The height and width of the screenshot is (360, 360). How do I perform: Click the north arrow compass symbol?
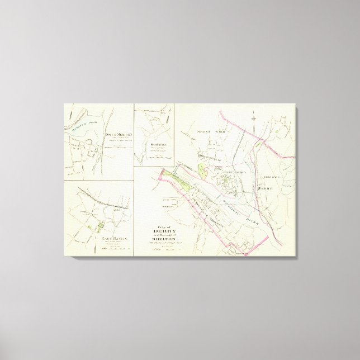coord(253,118)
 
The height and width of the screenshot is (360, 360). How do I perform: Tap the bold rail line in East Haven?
coord(103,200)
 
